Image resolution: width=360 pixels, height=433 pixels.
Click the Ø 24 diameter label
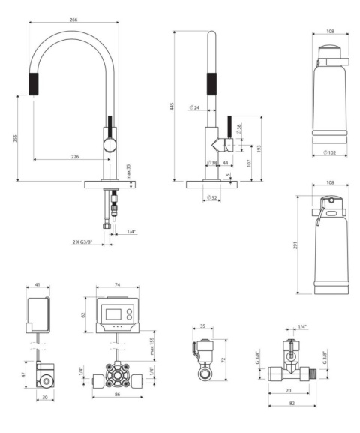point(195,109)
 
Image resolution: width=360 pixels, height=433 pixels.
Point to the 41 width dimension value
point(37,285)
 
